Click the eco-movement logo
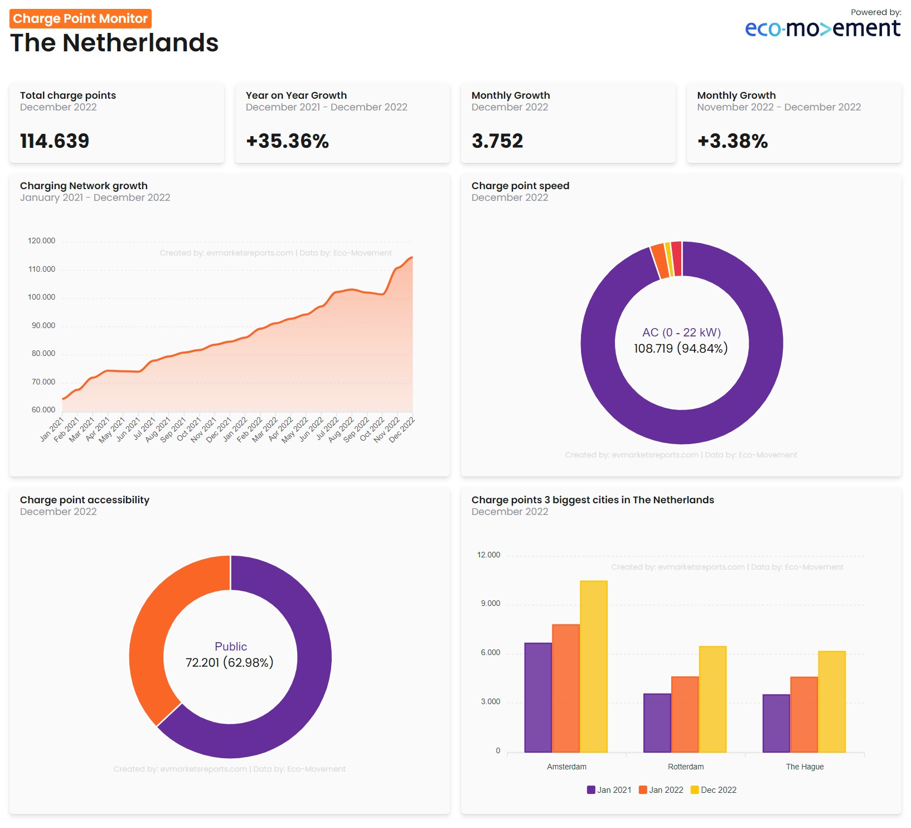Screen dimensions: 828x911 [822, 28]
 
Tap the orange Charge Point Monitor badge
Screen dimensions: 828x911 [80, 18]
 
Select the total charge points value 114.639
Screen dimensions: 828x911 [55, 141]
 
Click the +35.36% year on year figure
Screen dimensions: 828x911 [287, 141]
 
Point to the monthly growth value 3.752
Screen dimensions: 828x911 [497, 141]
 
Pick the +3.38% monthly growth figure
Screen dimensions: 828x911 [733, 141]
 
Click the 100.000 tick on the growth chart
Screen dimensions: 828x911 [42, 297]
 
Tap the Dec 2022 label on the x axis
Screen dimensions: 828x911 [402, 430]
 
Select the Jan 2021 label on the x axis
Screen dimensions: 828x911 [52, 430]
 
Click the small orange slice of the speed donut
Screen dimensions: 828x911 [660, 261]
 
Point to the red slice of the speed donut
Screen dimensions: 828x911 [676, 258]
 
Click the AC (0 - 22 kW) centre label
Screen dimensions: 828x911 [681, 333]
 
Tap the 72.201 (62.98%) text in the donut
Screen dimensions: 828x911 [229, 663]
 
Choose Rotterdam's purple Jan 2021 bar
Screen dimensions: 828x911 [657, 723]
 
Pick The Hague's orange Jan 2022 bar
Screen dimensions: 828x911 [804, 715]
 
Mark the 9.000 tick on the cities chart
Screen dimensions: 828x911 [491, 604]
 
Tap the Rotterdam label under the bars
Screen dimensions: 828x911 [686, 767]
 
